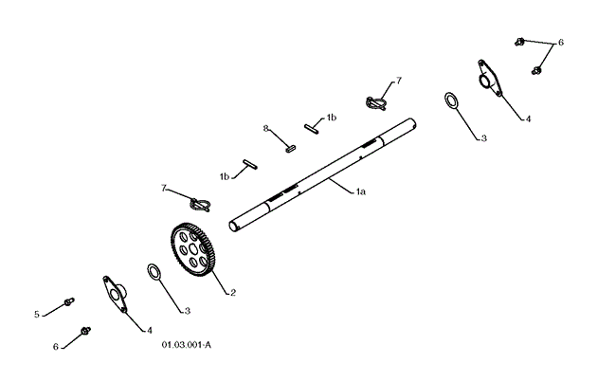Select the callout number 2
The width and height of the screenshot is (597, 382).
232,293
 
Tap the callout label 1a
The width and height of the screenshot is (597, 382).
360,191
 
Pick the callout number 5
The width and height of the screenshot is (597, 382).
38,313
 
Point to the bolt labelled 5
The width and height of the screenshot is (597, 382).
69,302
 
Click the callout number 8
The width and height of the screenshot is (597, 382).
266,127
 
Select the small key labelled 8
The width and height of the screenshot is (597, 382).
292,147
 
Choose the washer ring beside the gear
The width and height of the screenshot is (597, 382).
154,274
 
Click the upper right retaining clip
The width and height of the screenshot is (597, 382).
375,100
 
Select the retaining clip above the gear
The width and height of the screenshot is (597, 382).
200,203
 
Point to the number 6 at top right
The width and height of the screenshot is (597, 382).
560,43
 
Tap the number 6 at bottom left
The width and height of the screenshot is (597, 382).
56,347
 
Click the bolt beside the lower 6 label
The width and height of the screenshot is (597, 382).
86,331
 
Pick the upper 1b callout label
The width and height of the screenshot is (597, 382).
332,118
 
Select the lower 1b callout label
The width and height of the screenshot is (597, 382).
225,176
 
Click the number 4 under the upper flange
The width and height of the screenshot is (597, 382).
528,119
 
